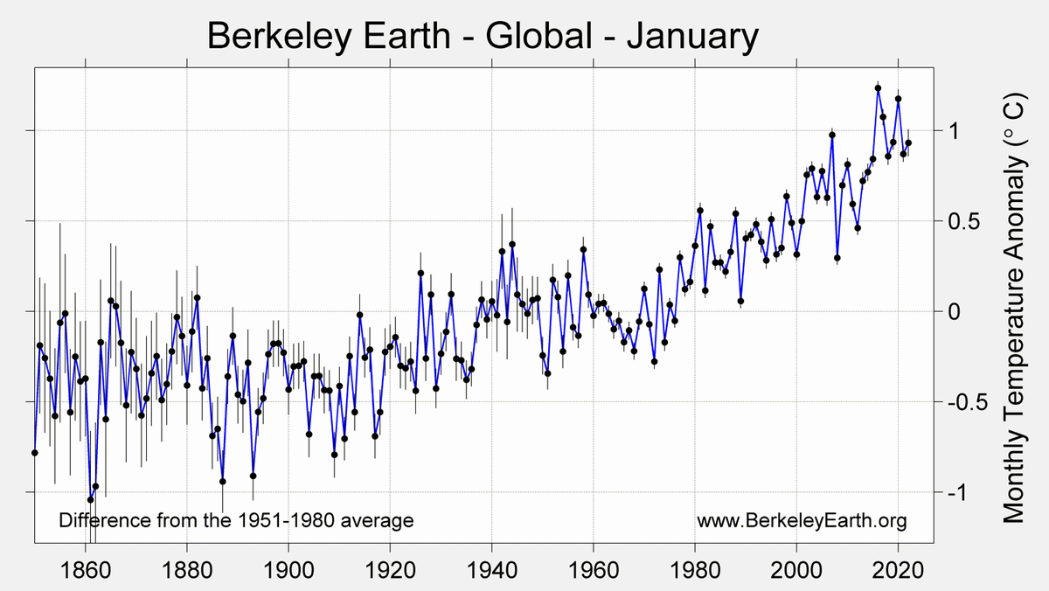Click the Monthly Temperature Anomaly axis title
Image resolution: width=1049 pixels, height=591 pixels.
1013,308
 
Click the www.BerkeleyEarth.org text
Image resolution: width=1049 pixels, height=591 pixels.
802,521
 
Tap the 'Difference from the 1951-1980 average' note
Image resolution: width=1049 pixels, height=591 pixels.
236,521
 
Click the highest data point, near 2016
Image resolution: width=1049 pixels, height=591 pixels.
878,88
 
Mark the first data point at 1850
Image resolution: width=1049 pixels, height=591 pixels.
34,453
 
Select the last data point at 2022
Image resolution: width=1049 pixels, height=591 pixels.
908,143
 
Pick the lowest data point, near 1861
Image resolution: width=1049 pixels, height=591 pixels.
90,500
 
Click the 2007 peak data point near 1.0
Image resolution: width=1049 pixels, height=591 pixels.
832,135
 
